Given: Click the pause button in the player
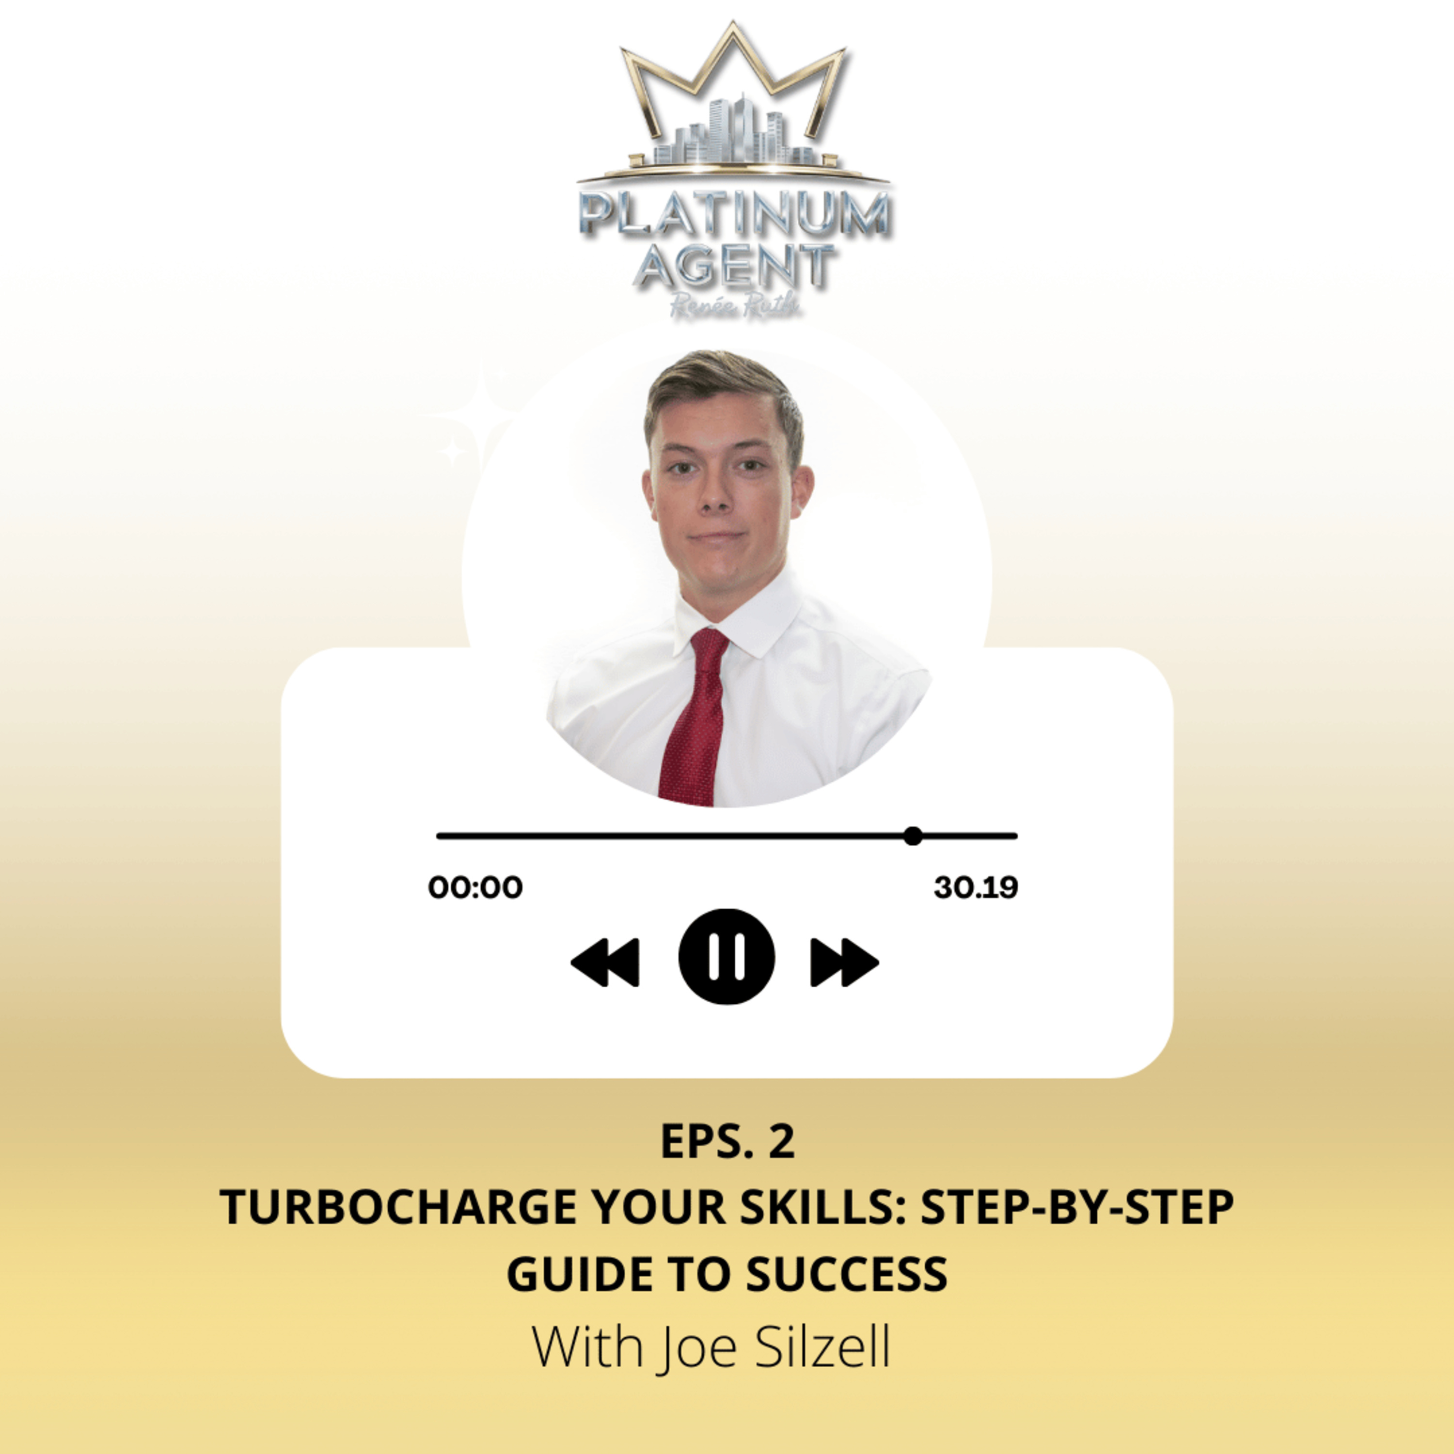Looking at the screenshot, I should pyautogui.click(x=726, y=957).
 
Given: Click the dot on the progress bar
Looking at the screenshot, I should pyautogui.click(x=913, y=836).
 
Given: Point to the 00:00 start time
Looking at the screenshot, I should pyautogui.click(x=475, y=887).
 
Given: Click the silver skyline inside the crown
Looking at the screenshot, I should pyautogui.click(x=734, y=136).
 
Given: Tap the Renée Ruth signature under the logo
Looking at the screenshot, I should pyautogui.click(x=734, y=307).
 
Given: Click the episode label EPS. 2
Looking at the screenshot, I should pyautogui.click(x=727, y=1142).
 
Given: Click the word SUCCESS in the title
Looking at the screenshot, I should pyautogui.click(x=847, y=1274).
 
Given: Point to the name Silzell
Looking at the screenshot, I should pyautogui.click(x=822, y=1347).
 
